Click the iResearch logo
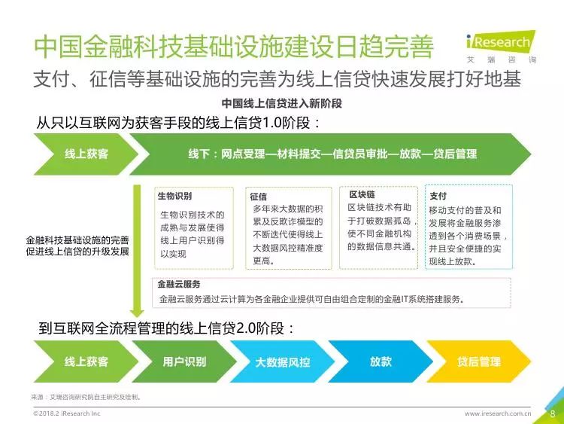(x=501, y=47)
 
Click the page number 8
(x=553, y=413)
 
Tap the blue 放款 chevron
(x=381, y=361)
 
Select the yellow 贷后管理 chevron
(x=479, y=361)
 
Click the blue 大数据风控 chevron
(x=282, y=361)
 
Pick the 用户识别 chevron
(x=184, y=361)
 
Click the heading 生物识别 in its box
(x=174, y=196)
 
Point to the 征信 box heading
(x=259, y=197)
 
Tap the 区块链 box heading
(x=362, y=194)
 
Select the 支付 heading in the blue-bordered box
(x=438, y=196)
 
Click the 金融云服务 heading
(x=179, y=284)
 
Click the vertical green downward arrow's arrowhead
(x=137, y=313)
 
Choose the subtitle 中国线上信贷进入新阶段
(x=282, y=103)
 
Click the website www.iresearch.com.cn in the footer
(x=498, y=413)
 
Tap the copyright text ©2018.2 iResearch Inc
(x=67, y=413)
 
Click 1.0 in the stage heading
(x=271, y=123)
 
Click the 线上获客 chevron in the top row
(x=86, y=154)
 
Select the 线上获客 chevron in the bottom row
(x=86, y=361)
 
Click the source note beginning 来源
(x=86, y=397)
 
